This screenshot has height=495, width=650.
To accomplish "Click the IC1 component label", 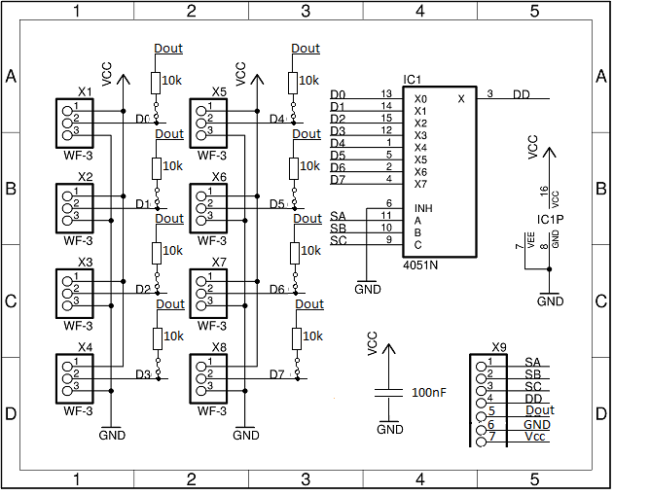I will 411,79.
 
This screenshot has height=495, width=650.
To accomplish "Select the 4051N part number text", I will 419,265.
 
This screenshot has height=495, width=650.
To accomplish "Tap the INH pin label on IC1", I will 422,208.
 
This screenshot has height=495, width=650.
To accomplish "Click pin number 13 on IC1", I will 386,94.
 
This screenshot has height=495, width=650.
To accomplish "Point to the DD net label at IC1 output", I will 522,94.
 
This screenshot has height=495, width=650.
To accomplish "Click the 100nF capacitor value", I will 430,393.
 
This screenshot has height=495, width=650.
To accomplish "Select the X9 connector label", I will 499,347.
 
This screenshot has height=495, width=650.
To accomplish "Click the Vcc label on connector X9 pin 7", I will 534,437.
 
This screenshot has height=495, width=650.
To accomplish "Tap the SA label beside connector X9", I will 531,362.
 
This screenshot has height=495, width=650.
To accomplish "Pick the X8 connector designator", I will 219,347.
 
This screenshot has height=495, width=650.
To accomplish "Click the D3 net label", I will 142,374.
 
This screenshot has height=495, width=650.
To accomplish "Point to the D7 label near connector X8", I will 276,374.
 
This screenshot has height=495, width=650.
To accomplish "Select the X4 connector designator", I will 85,347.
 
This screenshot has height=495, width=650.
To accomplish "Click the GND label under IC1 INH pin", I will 368,289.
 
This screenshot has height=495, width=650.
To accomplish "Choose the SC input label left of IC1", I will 338,240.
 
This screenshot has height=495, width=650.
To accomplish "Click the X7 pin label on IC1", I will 420,184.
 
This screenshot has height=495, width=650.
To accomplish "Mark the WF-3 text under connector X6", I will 211,240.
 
